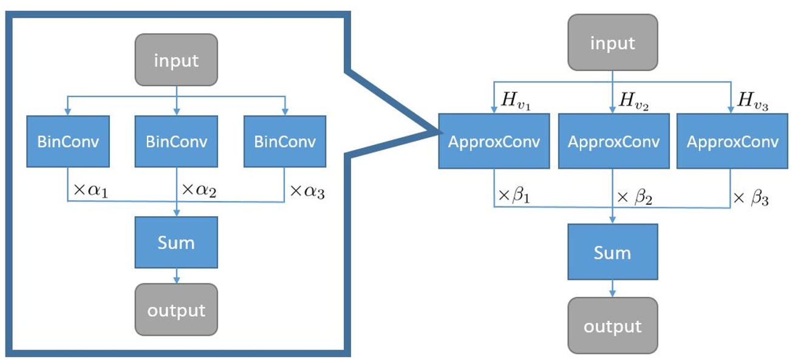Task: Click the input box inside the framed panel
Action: click(176, 61)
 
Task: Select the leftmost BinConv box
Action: click(67, 141)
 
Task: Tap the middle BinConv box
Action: click(176, 141)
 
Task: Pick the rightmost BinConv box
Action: click(285, 141)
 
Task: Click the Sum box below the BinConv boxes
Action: click(176, 243)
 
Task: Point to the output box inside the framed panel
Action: click(176, 310)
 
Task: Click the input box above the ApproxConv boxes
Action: click(612, 43)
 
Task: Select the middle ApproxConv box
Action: click(612, 141)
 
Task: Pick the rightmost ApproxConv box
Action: click(732, 141)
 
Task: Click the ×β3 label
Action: click(751, 198)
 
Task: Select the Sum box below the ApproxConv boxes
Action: click(612, 252)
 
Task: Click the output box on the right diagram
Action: click(612, 326)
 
